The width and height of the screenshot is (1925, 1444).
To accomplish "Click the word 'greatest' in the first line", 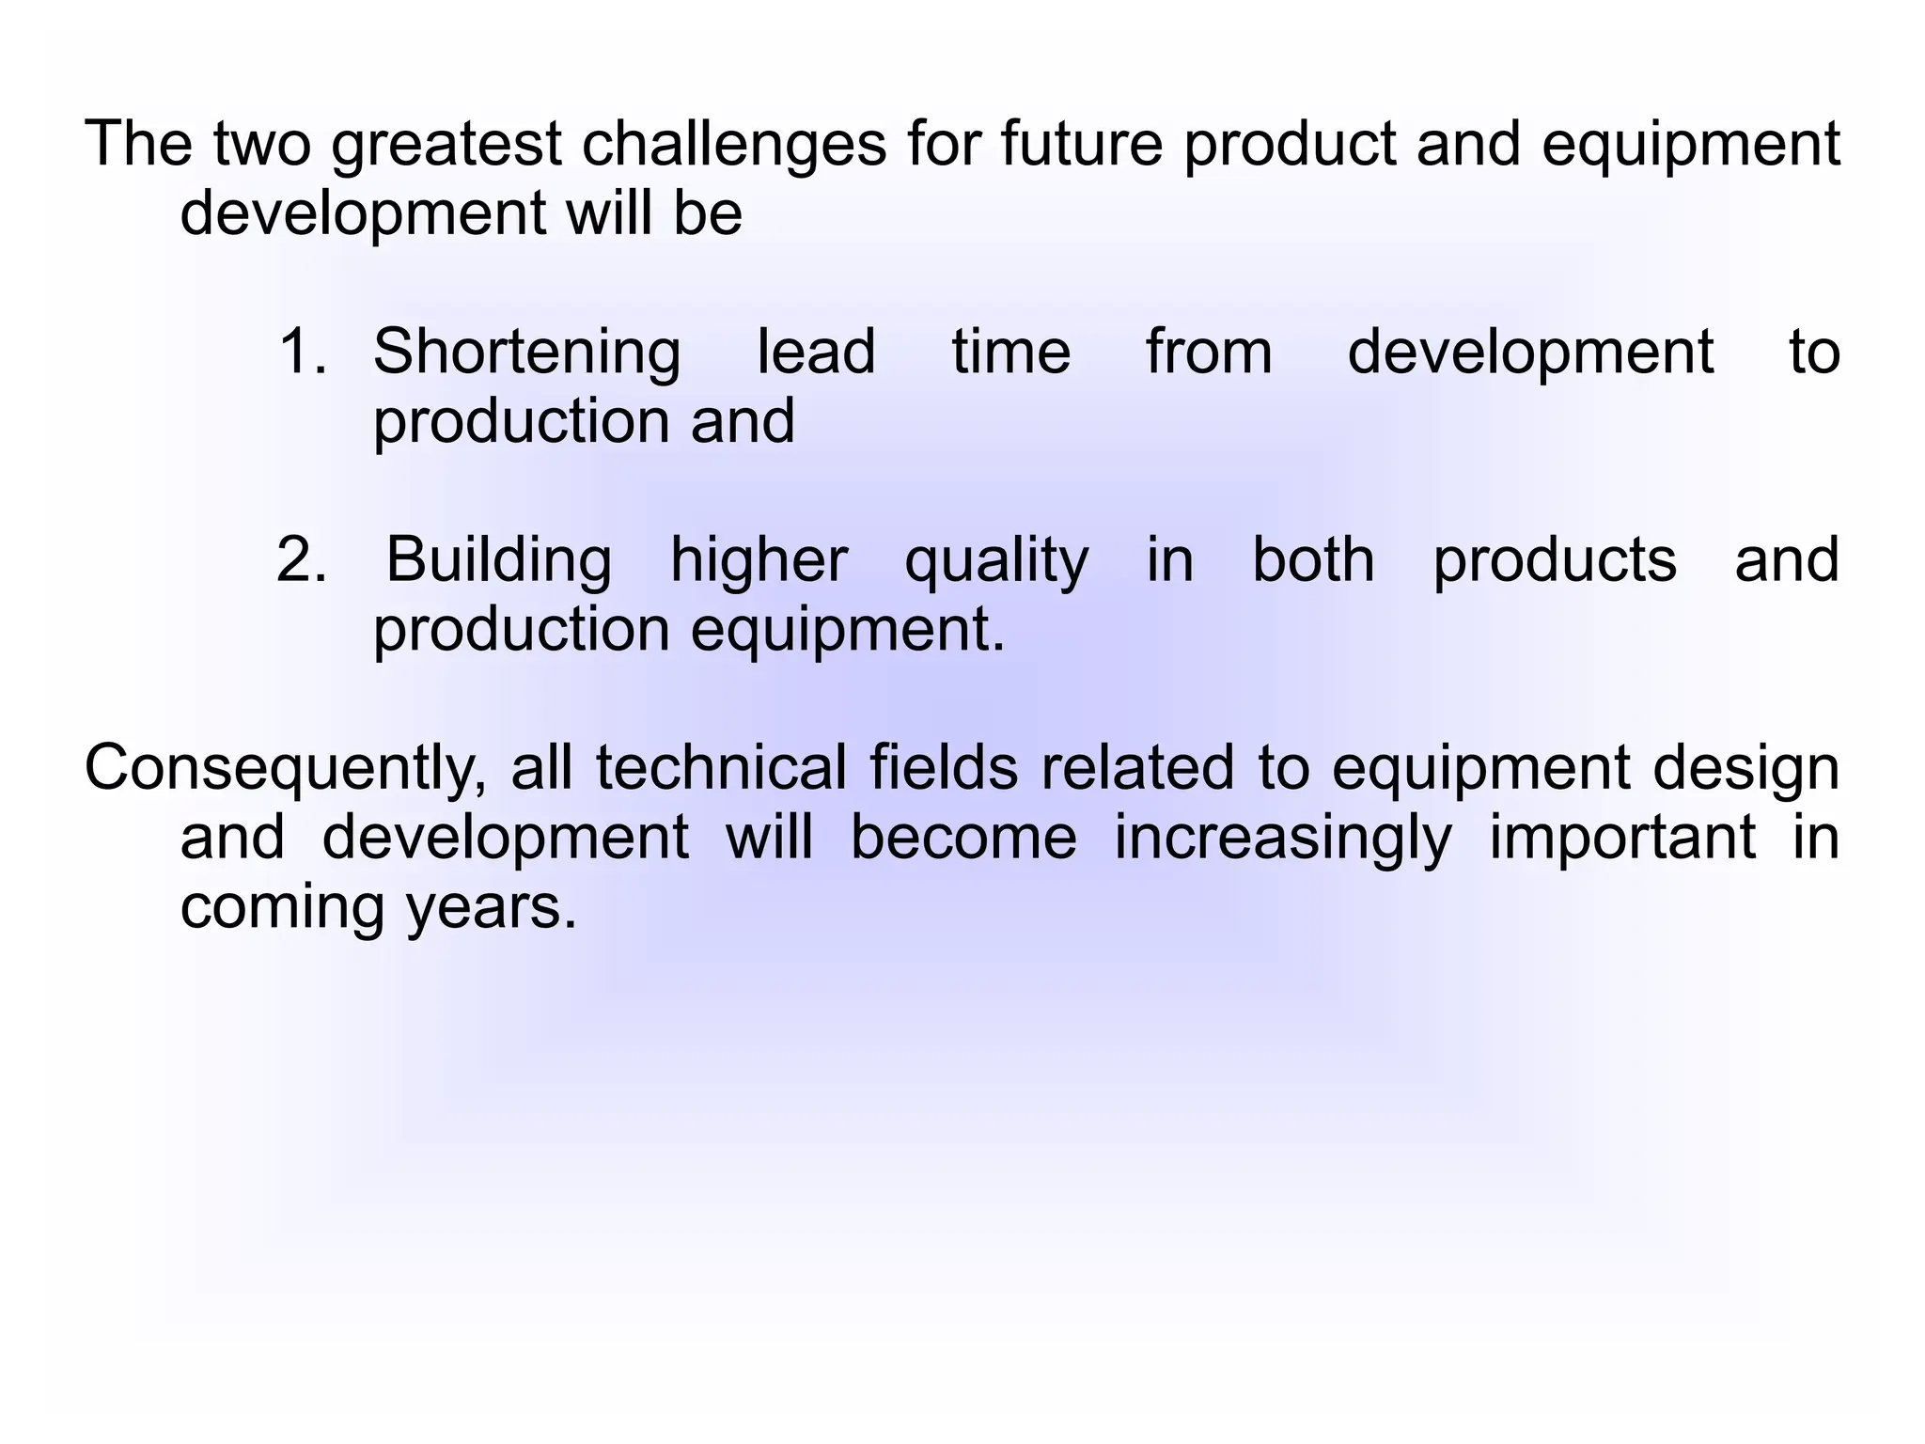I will tap(446, 146).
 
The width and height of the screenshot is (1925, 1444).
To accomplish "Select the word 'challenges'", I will tap(734, 146).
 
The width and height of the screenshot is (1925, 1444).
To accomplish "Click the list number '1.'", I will tap(303, 352).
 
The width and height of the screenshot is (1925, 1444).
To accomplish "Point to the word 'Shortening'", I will tap(526, 353).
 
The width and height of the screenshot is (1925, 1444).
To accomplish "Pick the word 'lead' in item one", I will tap(816, 352).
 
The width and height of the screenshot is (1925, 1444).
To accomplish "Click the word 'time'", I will tap(1010, 352).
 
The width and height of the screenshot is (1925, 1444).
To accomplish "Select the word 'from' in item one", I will tap(1209, 352).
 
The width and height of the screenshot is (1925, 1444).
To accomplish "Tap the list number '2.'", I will tap(302, 560).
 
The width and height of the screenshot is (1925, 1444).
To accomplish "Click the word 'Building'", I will tap(498, 561).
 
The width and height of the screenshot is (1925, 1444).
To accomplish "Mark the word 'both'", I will tap(1313, 559).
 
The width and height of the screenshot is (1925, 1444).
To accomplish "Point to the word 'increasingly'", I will tap(1283, 839).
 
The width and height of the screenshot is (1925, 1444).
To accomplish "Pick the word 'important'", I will tap(1622, 839).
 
